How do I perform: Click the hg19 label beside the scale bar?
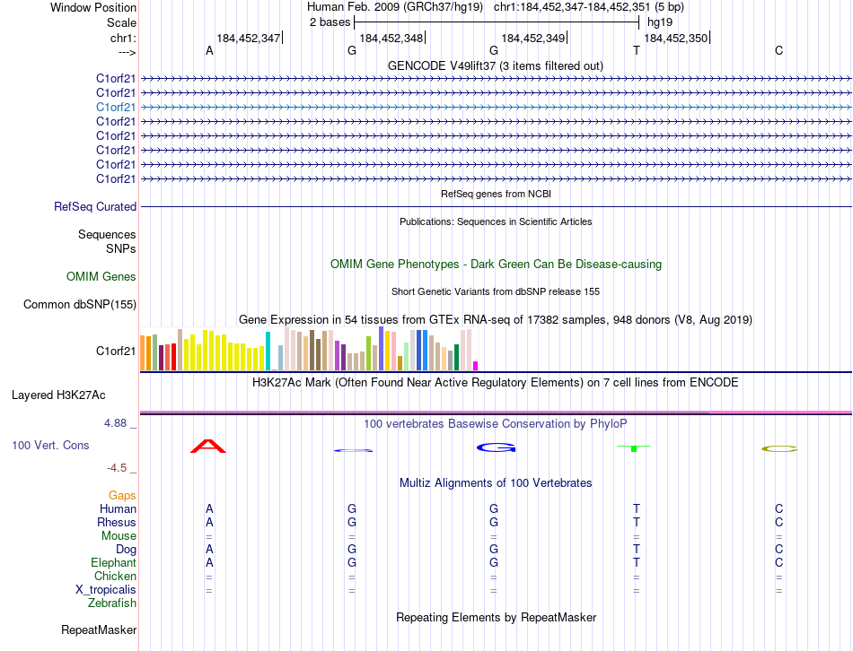[x=659, y=22]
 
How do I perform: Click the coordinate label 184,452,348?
[x=391, y=38]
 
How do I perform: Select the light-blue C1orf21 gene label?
[x=116, y=107]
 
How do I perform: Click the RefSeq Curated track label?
[x=95, y=207]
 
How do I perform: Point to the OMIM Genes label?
[x=101, y=277]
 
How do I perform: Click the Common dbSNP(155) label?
[x=80, y=305]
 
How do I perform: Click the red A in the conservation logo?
[x=208, y=446]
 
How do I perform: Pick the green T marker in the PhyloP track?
[x=634, y=447]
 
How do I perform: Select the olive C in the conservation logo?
[x=778, y=448]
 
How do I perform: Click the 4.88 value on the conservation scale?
[x=119, y=423]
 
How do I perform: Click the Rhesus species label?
[x=117, y=522]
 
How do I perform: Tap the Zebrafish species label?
[x=112, y=603]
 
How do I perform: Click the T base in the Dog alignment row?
[x=636, y=549]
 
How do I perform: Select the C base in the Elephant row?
[x=778, y=562]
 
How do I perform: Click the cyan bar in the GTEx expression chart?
[x=268, y=351]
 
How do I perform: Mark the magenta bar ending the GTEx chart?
[x=475, y=365]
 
